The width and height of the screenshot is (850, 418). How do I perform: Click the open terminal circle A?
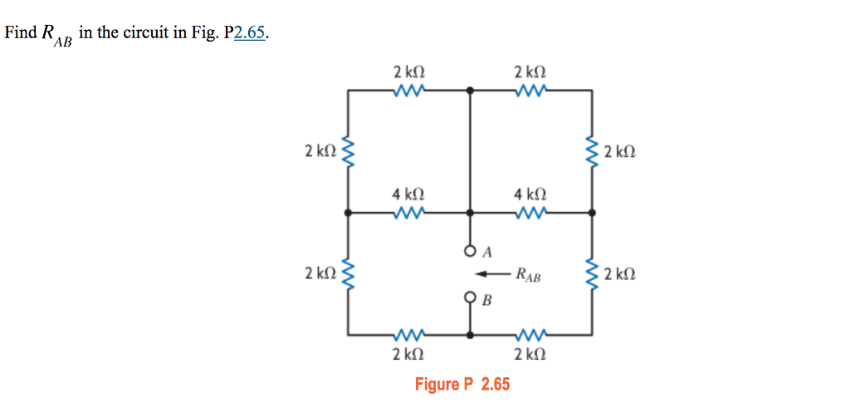point(471,249)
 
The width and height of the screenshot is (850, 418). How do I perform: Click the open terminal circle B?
point(471,297)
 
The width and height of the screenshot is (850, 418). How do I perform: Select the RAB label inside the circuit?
point(528,274)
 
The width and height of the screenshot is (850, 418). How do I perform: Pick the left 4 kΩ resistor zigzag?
point(410,213)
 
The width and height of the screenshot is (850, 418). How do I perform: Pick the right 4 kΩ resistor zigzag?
point(530,213)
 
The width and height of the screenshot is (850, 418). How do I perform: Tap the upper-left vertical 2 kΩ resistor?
point(348,151)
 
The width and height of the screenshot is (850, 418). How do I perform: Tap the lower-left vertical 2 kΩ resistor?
point(348,273)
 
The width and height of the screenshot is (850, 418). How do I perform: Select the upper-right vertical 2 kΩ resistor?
point(592,151)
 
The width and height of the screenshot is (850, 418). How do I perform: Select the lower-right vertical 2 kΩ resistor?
point(592,273)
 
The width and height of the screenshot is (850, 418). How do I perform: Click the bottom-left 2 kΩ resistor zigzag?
point(410,335)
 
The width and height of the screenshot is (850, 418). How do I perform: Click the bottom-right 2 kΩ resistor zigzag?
point(530,335)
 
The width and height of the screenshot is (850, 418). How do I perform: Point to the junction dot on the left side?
point(348,213)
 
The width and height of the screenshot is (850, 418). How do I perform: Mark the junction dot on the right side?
point(592,213)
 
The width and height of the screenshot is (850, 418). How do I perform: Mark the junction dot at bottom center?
point(471,335)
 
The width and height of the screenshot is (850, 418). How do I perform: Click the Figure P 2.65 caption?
point(462,384)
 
